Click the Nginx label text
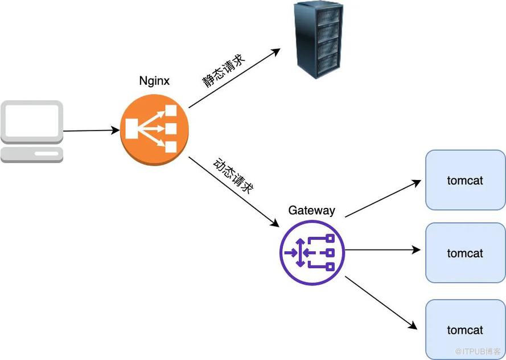(154, 81)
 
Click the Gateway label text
(311, 210)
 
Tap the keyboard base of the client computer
(31, 154)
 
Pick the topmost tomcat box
(465, 181)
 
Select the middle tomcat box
(465, 253)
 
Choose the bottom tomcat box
(465, 330)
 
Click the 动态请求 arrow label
(232, 177)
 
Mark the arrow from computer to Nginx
(91, 131)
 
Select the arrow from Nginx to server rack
(234, 78)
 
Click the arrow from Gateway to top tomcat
(382, 199)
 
